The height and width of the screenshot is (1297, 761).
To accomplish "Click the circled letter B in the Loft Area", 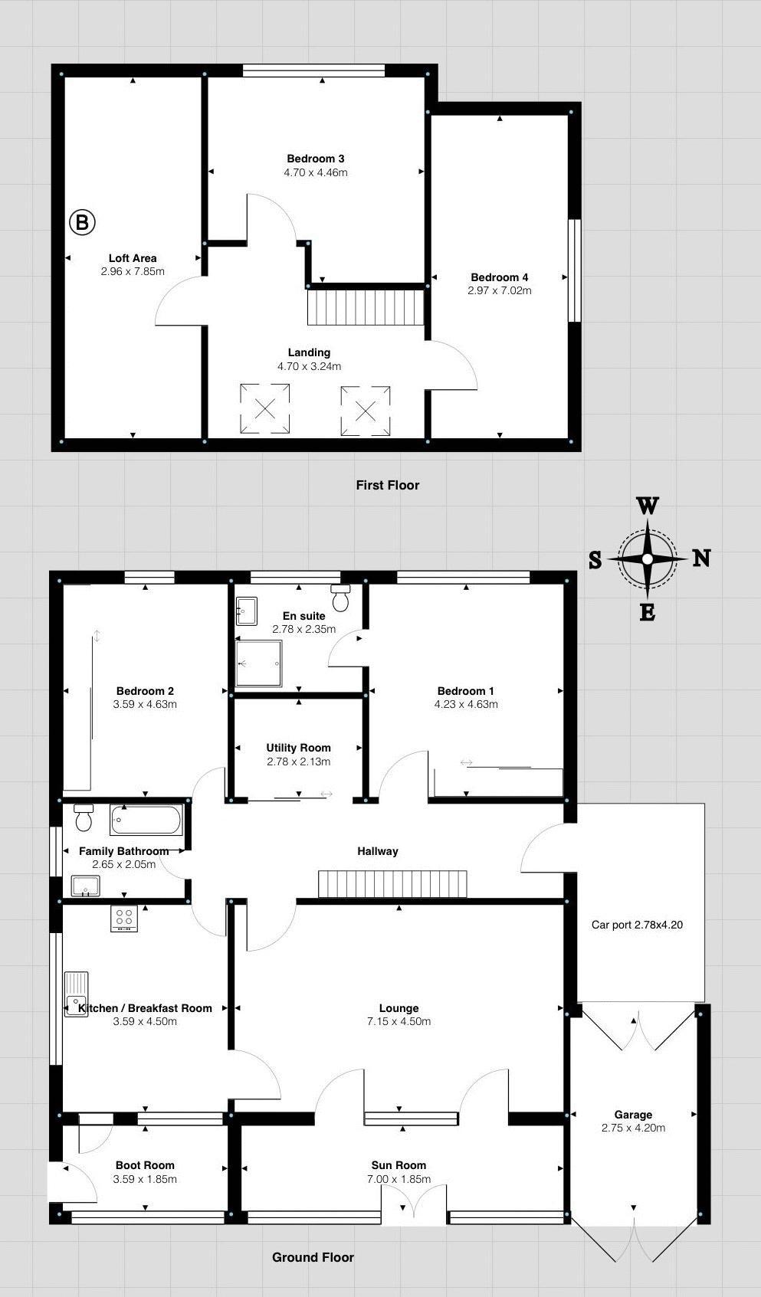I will click(x=82, y=223).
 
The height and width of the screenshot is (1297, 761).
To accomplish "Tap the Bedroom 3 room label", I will click(x=315, y=159).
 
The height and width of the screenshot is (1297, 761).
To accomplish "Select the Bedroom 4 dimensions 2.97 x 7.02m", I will click(x=499, y=290).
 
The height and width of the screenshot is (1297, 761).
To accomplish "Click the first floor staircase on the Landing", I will click(x=366, y=307).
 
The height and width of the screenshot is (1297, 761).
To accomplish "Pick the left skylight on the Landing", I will click(x=264, y=409).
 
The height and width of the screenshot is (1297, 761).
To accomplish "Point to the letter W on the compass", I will click(x=648, y=506).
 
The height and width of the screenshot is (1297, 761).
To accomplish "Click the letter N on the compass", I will click(x=701, y=558).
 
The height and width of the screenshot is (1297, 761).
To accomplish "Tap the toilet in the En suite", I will click(x=341, y=597).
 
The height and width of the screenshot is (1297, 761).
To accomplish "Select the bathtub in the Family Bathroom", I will click(x=146, y=820).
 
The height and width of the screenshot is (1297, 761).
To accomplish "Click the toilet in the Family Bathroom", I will click(x=83, y=818).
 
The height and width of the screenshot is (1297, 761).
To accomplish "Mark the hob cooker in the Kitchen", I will click(x=124, y=919).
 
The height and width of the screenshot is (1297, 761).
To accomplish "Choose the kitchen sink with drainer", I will click(x=77, y=994).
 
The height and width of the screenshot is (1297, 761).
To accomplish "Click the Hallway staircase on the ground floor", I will click(x=392, y=883).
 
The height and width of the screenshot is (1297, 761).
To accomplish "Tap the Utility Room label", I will click(x=298, y=748).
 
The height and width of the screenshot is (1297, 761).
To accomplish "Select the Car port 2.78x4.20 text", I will click(x=636, y=925).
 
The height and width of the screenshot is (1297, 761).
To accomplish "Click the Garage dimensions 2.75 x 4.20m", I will click(x=633, y=1128).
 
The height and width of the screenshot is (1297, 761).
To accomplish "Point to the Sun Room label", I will click(x=399, y=1165).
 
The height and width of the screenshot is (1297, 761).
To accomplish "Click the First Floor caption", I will click(x=387, y=485).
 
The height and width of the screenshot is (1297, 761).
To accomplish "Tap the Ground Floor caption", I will click(x=313, y=1257).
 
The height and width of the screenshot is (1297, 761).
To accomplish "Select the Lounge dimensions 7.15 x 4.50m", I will click(x=399, y=1021).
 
